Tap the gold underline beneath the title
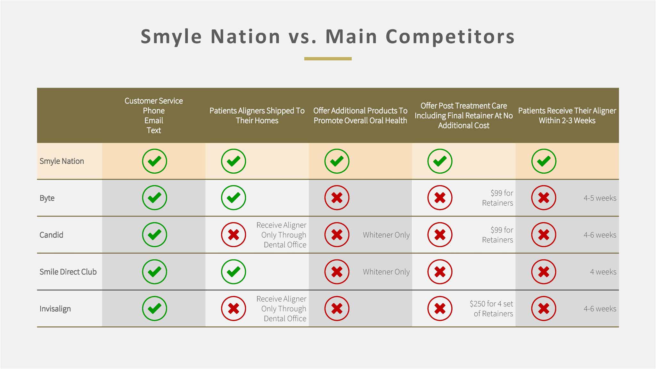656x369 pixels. [x=328, y=59]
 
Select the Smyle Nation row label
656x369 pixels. [x=61, y=161]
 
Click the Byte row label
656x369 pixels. [x=47, y=198]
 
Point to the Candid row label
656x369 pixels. [x=51, y=235]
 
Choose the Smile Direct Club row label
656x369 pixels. [x=68, y=272]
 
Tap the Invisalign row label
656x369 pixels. [x=55, y=309]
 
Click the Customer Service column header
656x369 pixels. [x=154, y=115]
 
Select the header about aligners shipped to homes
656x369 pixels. [x=257, y=115]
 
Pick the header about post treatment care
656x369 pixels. [x=464, y=115]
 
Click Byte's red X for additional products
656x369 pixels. [x=337, y=198]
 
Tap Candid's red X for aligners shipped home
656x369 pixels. [x=234, y=235]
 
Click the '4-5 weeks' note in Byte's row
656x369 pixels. [x=600, y=198]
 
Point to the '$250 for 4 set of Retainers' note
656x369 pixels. [x=491, y=308]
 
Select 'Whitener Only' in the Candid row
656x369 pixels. [x=386, y=235]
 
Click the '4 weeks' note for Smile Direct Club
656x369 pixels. [x=603, y=272]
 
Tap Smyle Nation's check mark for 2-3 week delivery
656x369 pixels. [x=544, y=161]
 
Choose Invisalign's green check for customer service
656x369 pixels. [x=154, y=308]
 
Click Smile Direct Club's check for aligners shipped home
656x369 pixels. [x=234, y=272]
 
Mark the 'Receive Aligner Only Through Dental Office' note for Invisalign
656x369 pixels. [x=281, y=308]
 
